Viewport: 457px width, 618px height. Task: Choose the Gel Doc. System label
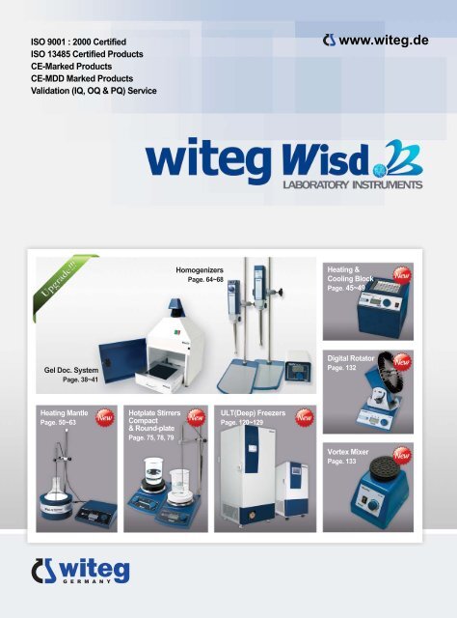[x=72, y=370]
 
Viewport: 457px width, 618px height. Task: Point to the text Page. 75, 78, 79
[x=151, y=437]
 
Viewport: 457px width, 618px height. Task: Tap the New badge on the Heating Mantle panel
[x=103, y=416]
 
